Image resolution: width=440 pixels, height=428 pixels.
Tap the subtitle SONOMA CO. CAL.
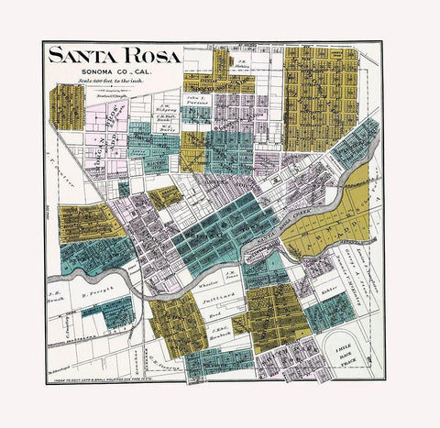[x=112, y=71]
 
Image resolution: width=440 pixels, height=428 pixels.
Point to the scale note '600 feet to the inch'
[x=112, y=82]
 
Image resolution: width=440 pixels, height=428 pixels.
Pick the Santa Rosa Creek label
[x=274, y=236]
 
